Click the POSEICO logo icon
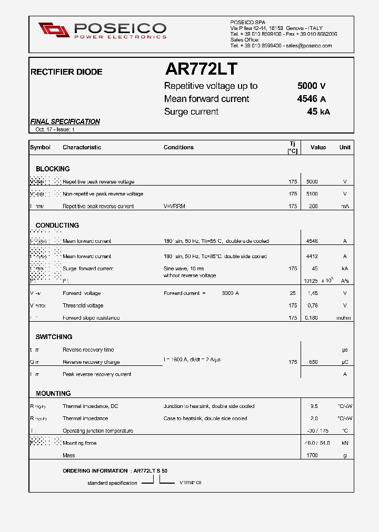pos(54,30)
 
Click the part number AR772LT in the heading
pos(201,69)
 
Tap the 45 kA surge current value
pos(318,111)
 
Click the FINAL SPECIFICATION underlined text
pos(65,121)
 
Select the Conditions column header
pos(178,148)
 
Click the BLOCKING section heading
pos(53,169)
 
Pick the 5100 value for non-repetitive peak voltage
pos(312,194)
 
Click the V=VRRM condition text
pos(174,206)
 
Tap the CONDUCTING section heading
pos(57,225)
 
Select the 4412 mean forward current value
pos(312,257)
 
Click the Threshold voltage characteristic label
pos(83,305)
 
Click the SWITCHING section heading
pos(54,336)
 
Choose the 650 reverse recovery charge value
pos(313,362)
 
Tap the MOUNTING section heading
pos(53,393)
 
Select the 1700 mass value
pos(312,455)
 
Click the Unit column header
pos(345,148)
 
